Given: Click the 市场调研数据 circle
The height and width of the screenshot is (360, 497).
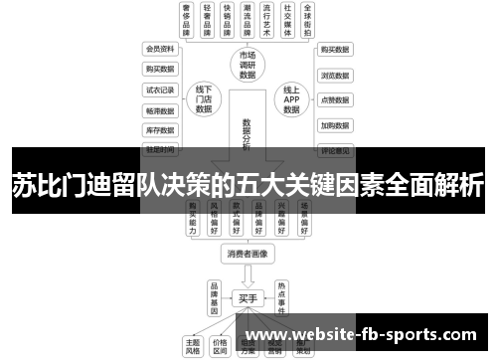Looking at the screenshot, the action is (247, 65).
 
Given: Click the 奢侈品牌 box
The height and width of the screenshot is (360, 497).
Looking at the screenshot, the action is (186, 21).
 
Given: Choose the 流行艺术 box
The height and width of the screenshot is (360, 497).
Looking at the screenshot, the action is (263, 21).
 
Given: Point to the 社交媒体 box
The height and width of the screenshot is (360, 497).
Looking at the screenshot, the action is (289, 21).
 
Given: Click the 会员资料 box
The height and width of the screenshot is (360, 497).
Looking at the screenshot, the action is (159, 49).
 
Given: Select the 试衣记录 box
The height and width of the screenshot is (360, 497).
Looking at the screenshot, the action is (159, 90).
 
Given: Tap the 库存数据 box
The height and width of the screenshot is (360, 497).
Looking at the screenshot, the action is (159, 129).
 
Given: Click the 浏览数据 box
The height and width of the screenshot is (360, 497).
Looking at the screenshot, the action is (335, 75).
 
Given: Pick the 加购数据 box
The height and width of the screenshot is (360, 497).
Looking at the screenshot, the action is (335, 125).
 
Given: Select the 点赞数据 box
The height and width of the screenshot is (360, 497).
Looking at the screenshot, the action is (335, 99).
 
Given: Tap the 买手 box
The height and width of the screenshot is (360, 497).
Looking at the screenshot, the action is (247, 297).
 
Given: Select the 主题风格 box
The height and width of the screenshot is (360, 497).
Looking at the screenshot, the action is (192, 344).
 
